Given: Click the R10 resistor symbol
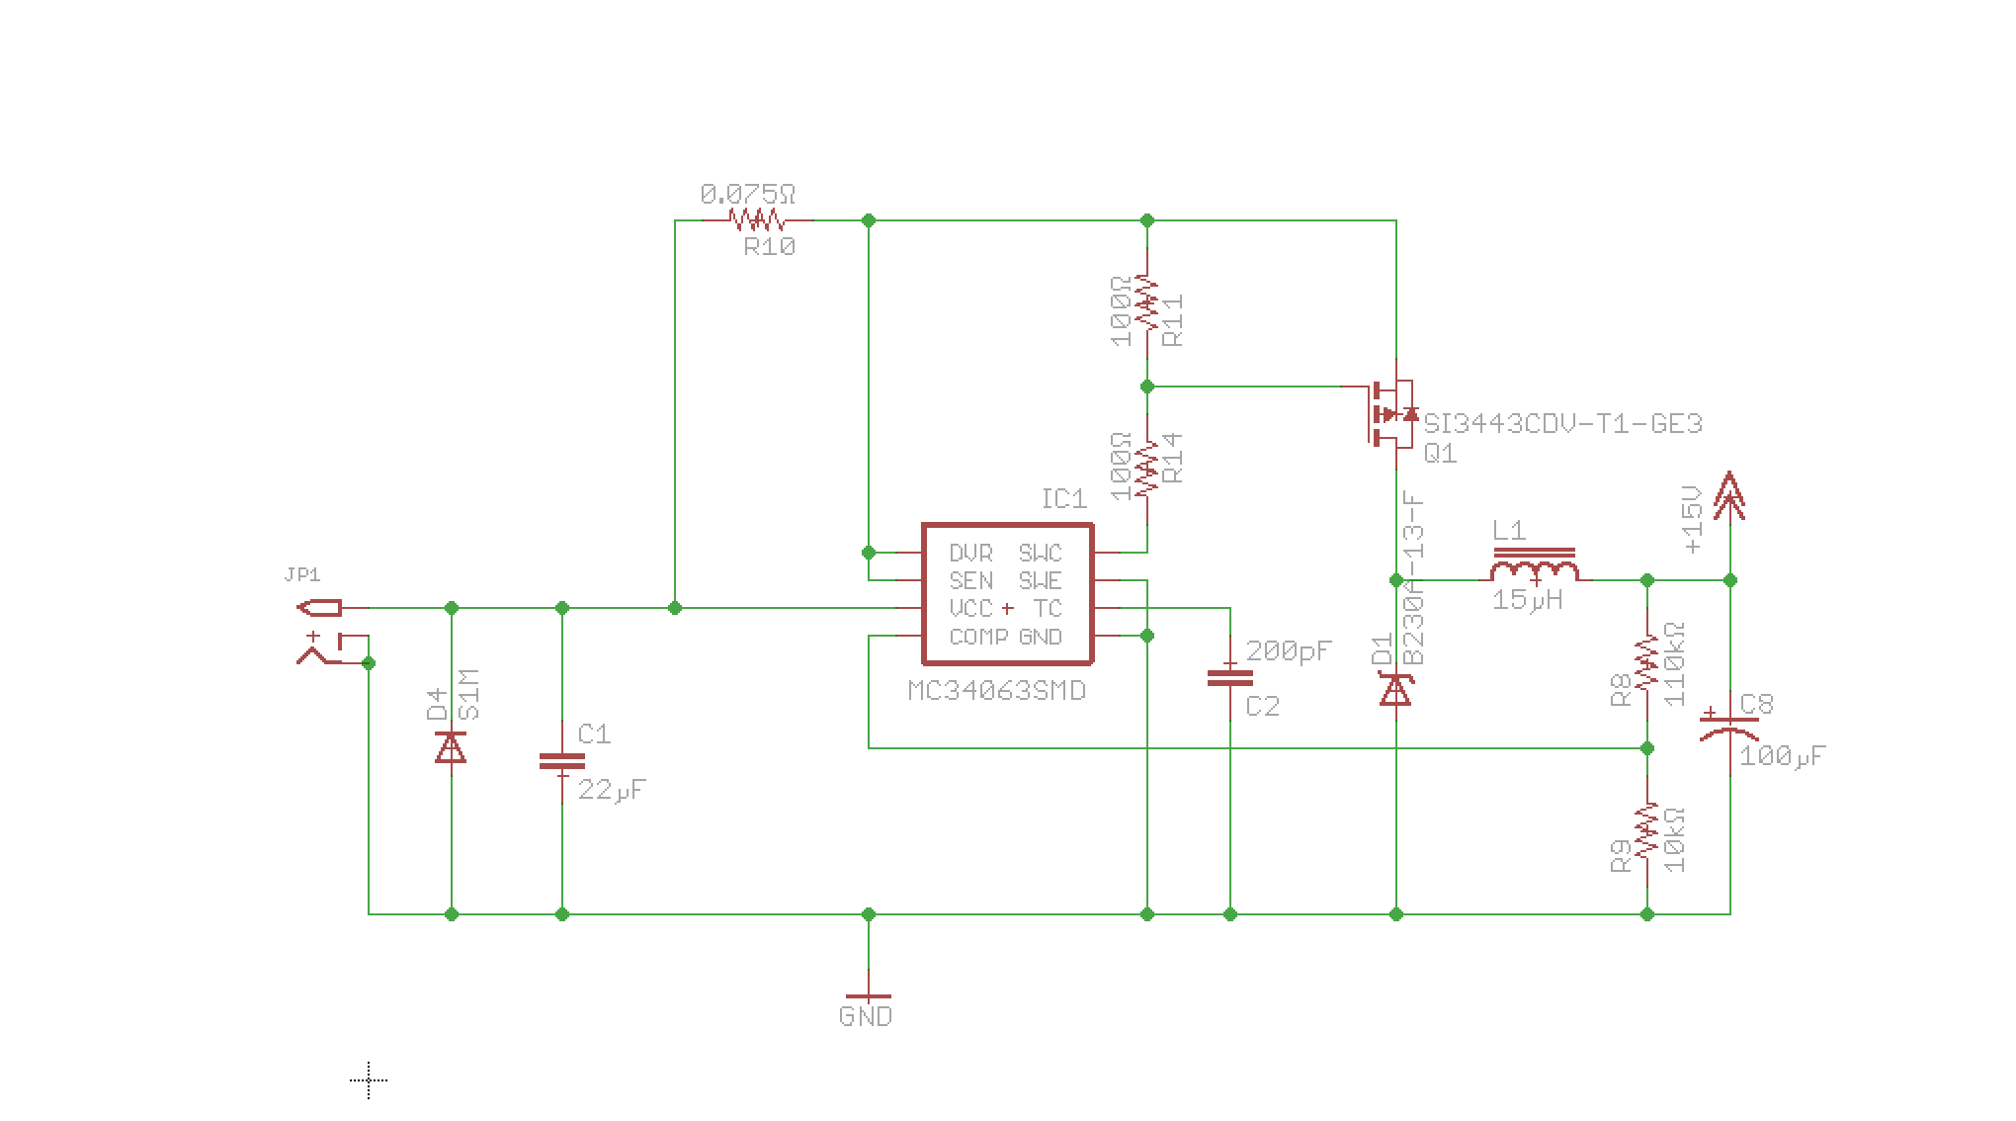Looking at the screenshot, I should [756, 219].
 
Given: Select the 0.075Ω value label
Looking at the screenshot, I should [747, 195].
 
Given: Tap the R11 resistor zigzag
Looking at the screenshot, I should [1146, 302].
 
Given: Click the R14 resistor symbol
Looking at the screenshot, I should [1146, 469].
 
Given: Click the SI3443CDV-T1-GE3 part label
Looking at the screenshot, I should [1562, 424].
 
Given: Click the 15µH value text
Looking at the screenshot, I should [1527, 599].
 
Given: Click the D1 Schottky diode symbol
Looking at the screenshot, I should [1395, 688].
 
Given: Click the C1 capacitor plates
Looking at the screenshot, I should [561, 761].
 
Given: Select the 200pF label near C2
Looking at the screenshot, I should [1289, 650].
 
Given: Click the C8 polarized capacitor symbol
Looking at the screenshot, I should [1729, 728].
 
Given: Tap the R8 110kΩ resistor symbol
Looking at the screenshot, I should [1646, 662].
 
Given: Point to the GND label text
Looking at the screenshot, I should [865, 1016].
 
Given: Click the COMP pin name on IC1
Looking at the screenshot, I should [978, 637].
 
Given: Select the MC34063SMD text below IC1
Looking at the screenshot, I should [996, 690].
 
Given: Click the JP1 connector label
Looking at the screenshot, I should [302, 574].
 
